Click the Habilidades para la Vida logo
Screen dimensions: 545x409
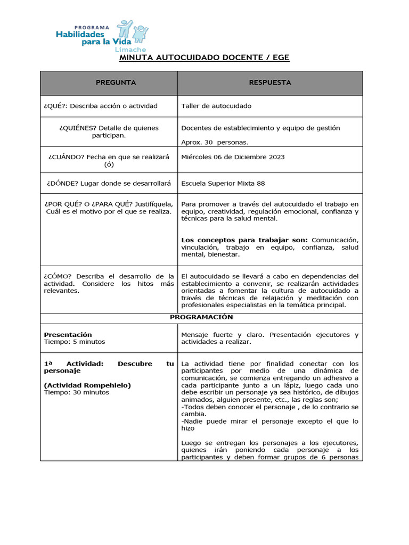coord(102,35)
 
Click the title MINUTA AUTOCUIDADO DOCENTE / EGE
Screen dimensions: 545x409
coord(204,57)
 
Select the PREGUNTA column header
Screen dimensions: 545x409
coord(116,82)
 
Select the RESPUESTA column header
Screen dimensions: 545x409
coord(270,82)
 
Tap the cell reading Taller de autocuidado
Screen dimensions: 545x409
coord(216,106)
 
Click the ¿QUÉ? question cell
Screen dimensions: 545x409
coord(101,106)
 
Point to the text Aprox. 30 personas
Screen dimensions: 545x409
coord(215,142)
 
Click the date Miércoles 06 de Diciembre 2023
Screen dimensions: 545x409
coord(233,157)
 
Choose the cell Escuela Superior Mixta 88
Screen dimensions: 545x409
coord(223,184)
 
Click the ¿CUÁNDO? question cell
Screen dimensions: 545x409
coord(109,161)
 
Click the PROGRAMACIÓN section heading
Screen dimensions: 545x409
coord(201,317)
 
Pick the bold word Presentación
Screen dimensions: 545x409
coord(68,335)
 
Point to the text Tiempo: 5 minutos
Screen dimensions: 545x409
coord(74,342)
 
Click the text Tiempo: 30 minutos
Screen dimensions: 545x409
coord(76,392)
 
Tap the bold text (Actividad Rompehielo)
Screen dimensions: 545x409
coord(87,385)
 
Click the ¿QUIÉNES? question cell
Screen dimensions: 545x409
coord(109,131)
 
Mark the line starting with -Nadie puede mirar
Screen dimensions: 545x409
coord(269,421)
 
